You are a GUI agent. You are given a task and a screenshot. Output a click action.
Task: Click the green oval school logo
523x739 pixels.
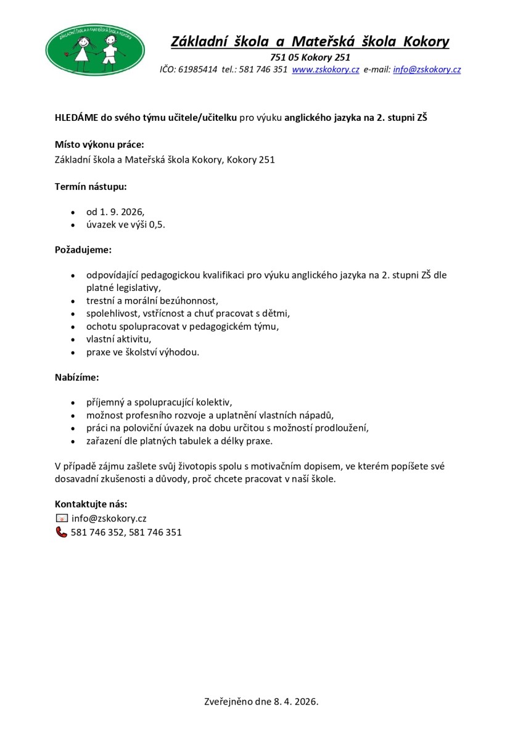point(96,49)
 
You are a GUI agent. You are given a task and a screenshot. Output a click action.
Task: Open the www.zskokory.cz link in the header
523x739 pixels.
point(325,70)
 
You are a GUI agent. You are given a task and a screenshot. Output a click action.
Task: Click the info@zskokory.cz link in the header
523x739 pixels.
point(427,70)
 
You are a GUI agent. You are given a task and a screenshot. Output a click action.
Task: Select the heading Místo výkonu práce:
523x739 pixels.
point(99,145)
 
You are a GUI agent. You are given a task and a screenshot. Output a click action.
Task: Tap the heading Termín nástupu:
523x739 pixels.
point(91,185)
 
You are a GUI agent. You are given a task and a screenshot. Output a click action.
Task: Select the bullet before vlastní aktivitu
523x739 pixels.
point(74,340)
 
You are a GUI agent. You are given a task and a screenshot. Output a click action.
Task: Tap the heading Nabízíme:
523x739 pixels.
point(77,375)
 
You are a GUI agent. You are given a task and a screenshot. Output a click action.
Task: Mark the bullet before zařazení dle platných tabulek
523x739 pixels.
point(74,442)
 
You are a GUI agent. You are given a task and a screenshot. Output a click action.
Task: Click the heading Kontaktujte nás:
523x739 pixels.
point(91,504)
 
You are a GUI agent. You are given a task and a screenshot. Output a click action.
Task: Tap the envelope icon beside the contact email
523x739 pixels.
point(62,518)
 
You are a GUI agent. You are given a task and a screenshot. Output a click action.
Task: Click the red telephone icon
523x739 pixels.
point(62,532)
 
